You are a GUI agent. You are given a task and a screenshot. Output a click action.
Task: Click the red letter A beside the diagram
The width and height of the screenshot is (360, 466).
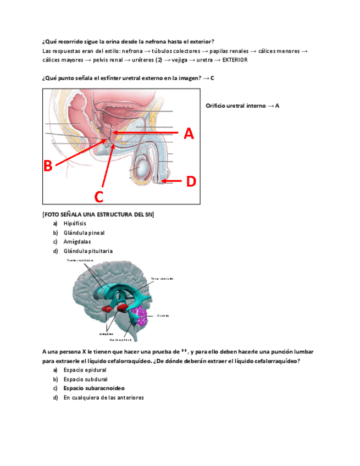click(188, 134)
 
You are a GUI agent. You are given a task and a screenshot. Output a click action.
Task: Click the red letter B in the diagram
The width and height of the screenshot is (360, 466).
click(48, 165)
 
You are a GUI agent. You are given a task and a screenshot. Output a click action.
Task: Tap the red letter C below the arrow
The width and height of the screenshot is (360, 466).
click(99, 196)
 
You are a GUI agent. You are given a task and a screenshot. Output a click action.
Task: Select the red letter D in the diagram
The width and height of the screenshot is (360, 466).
click(190, 181)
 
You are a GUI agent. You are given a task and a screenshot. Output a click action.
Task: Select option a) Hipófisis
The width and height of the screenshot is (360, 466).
click(75, 224)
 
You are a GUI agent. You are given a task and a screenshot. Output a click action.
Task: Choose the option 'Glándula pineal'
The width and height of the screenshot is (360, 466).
click(84, 232)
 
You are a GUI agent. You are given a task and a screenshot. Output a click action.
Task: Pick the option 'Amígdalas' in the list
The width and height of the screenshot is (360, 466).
click(77, 241)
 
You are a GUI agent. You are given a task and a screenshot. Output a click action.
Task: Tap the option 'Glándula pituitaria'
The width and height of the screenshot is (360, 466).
click(88, 251)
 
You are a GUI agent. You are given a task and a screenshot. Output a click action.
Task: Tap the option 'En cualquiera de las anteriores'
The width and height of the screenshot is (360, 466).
click(103, 397)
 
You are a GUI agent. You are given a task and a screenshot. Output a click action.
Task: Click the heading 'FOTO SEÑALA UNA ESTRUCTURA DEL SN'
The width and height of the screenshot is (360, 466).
click(98, 214)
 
